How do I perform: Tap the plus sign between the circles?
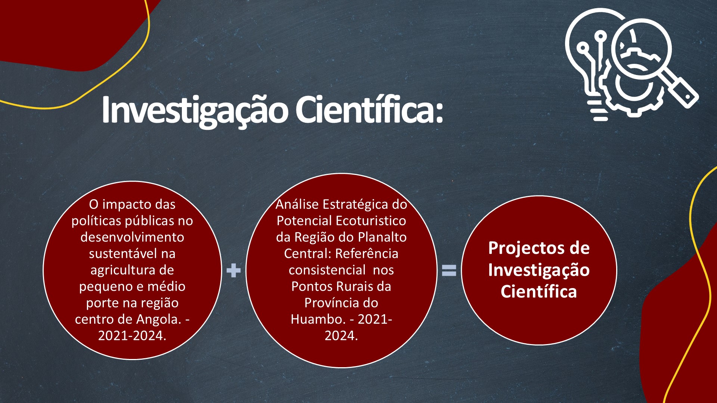234,271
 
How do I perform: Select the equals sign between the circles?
449,271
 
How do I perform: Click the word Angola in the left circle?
159,319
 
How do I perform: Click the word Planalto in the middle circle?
382,237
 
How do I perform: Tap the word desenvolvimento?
132,237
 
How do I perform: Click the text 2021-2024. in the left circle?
132,336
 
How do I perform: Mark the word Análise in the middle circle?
297,204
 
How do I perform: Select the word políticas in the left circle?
96,221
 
